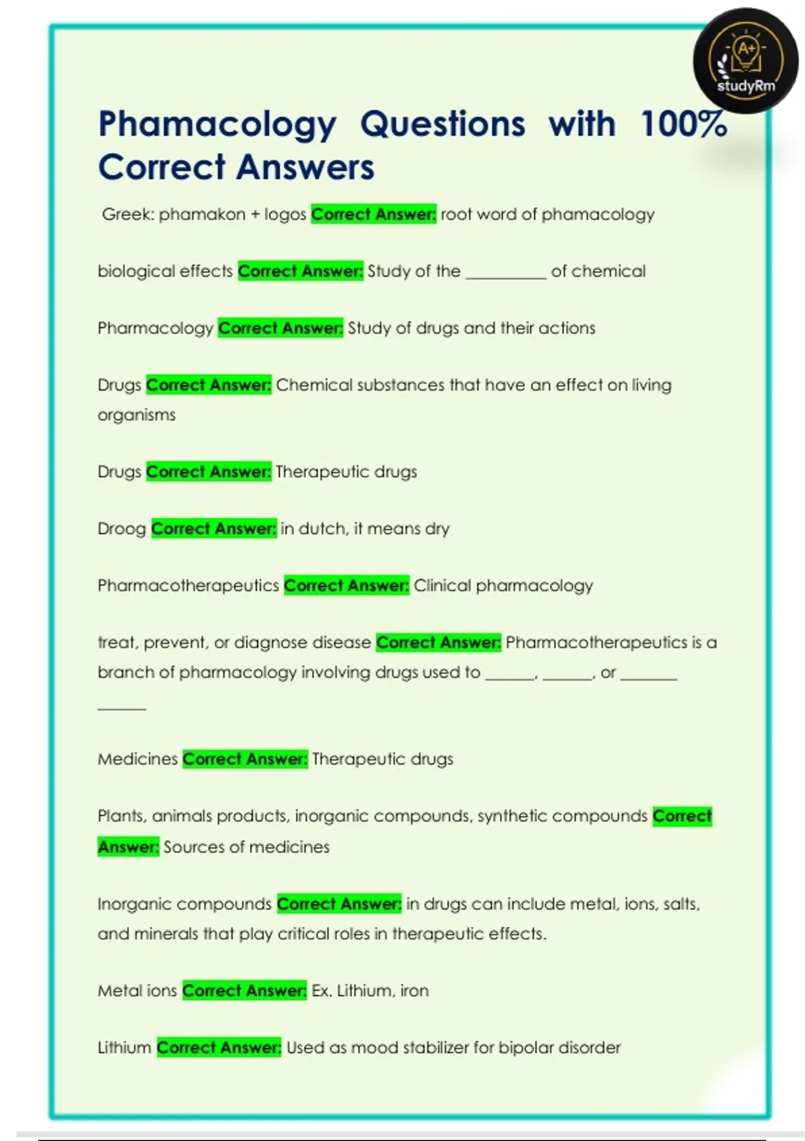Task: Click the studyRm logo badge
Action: pyautogui.click(x=745, y=60)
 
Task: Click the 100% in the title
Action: pyautogui.click(x=684, y=124)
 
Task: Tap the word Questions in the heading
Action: pyautogui.click(x=443, y=124)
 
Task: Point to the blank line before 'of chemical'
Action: pyautogui.click(x=506, y=272)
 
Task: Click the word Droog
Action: pyautogui.click(x=121, y=529)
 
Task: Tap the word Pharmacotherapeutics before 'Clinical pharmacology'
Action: pyautogui.click(x=188, y=586)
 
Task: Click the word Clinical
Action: pyautogui.click(x=442, y=586)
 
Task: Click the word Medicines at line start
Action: pyautogui.click(x=138, y=759)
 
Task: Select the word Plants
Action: pyautogui.click(x=120, y=816)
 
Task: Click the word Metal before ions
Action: pyautogui.click(x=119, y=991)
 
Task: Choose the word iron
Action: pyautogui.click(x=414, y=991)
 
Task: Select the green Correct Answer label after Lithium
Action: pyautogui.click(x=219, y=1048)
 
